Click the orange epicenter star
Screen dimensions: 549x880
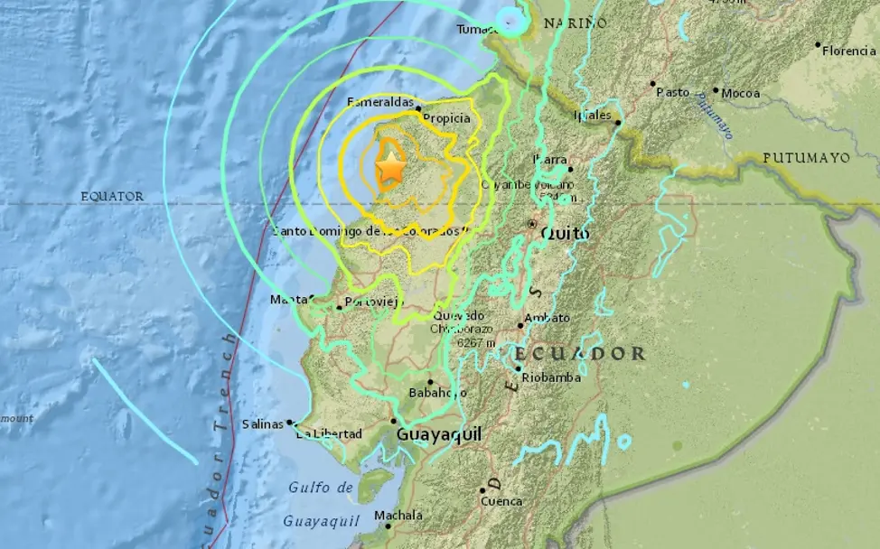coord(389,167)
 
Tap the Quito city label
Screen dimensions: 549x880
coord(565,234)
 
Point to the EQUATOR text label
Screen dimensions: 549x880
coord(112,196)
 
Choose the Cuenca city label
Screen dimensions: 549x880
coord(502,500)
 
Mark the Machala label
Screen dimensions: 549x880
coord(398,516)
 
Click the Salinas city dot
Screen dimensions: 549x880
coord(290,422)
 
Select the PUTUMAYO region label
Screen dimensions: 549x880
coord(806,157)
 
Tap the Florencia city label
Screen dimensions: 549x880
coord(848,51)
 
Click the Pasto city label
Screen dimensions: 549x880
coord(672,92)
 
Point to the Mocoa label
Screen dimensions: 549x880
coord(741,92)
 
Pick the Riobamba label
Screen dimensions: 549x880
coord(552,377)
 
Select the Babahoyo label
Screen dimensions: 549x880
coord(437,393)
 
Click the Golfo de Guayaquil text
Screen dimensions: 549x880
coord(322,504)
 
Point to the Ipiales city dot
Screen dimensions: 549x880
coord(618,122)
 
